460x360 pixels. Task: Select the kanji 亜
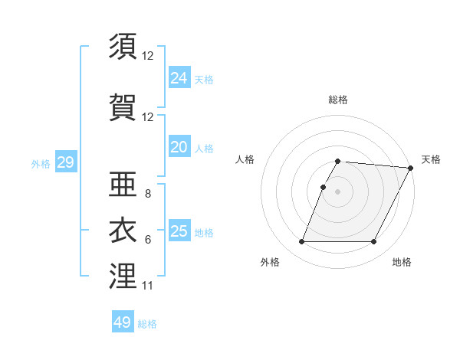point(123,182)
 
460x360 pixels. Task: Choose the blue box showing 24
point(179,77)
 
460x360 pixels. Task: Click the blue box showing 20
point(179,147)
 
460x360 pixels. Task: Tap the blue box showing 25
point(179,231)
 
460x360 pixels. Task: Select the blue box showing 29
point(65,162)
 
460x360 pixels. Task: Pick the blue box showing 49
point(123,322)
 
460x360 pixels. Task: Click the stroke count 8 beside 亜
point(147,194)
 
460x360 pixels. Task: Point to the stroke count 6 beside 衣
point(147,240)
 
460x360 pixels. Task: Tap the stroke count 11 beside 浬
point(147,286)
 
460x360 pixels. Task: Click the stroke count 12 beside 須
point(148,56)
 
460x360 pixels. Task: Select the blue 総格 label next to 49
point(147,324)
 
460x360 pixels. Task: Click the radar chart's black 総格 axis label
point(338,100)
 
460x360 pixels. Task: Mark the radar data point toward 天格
point(411,168)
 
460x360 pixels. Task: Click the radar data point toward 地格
point(374,242)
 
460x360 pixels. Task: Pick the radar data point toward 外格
point(301,242)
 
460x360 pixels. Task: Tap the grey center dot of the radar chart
point(338,191)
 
